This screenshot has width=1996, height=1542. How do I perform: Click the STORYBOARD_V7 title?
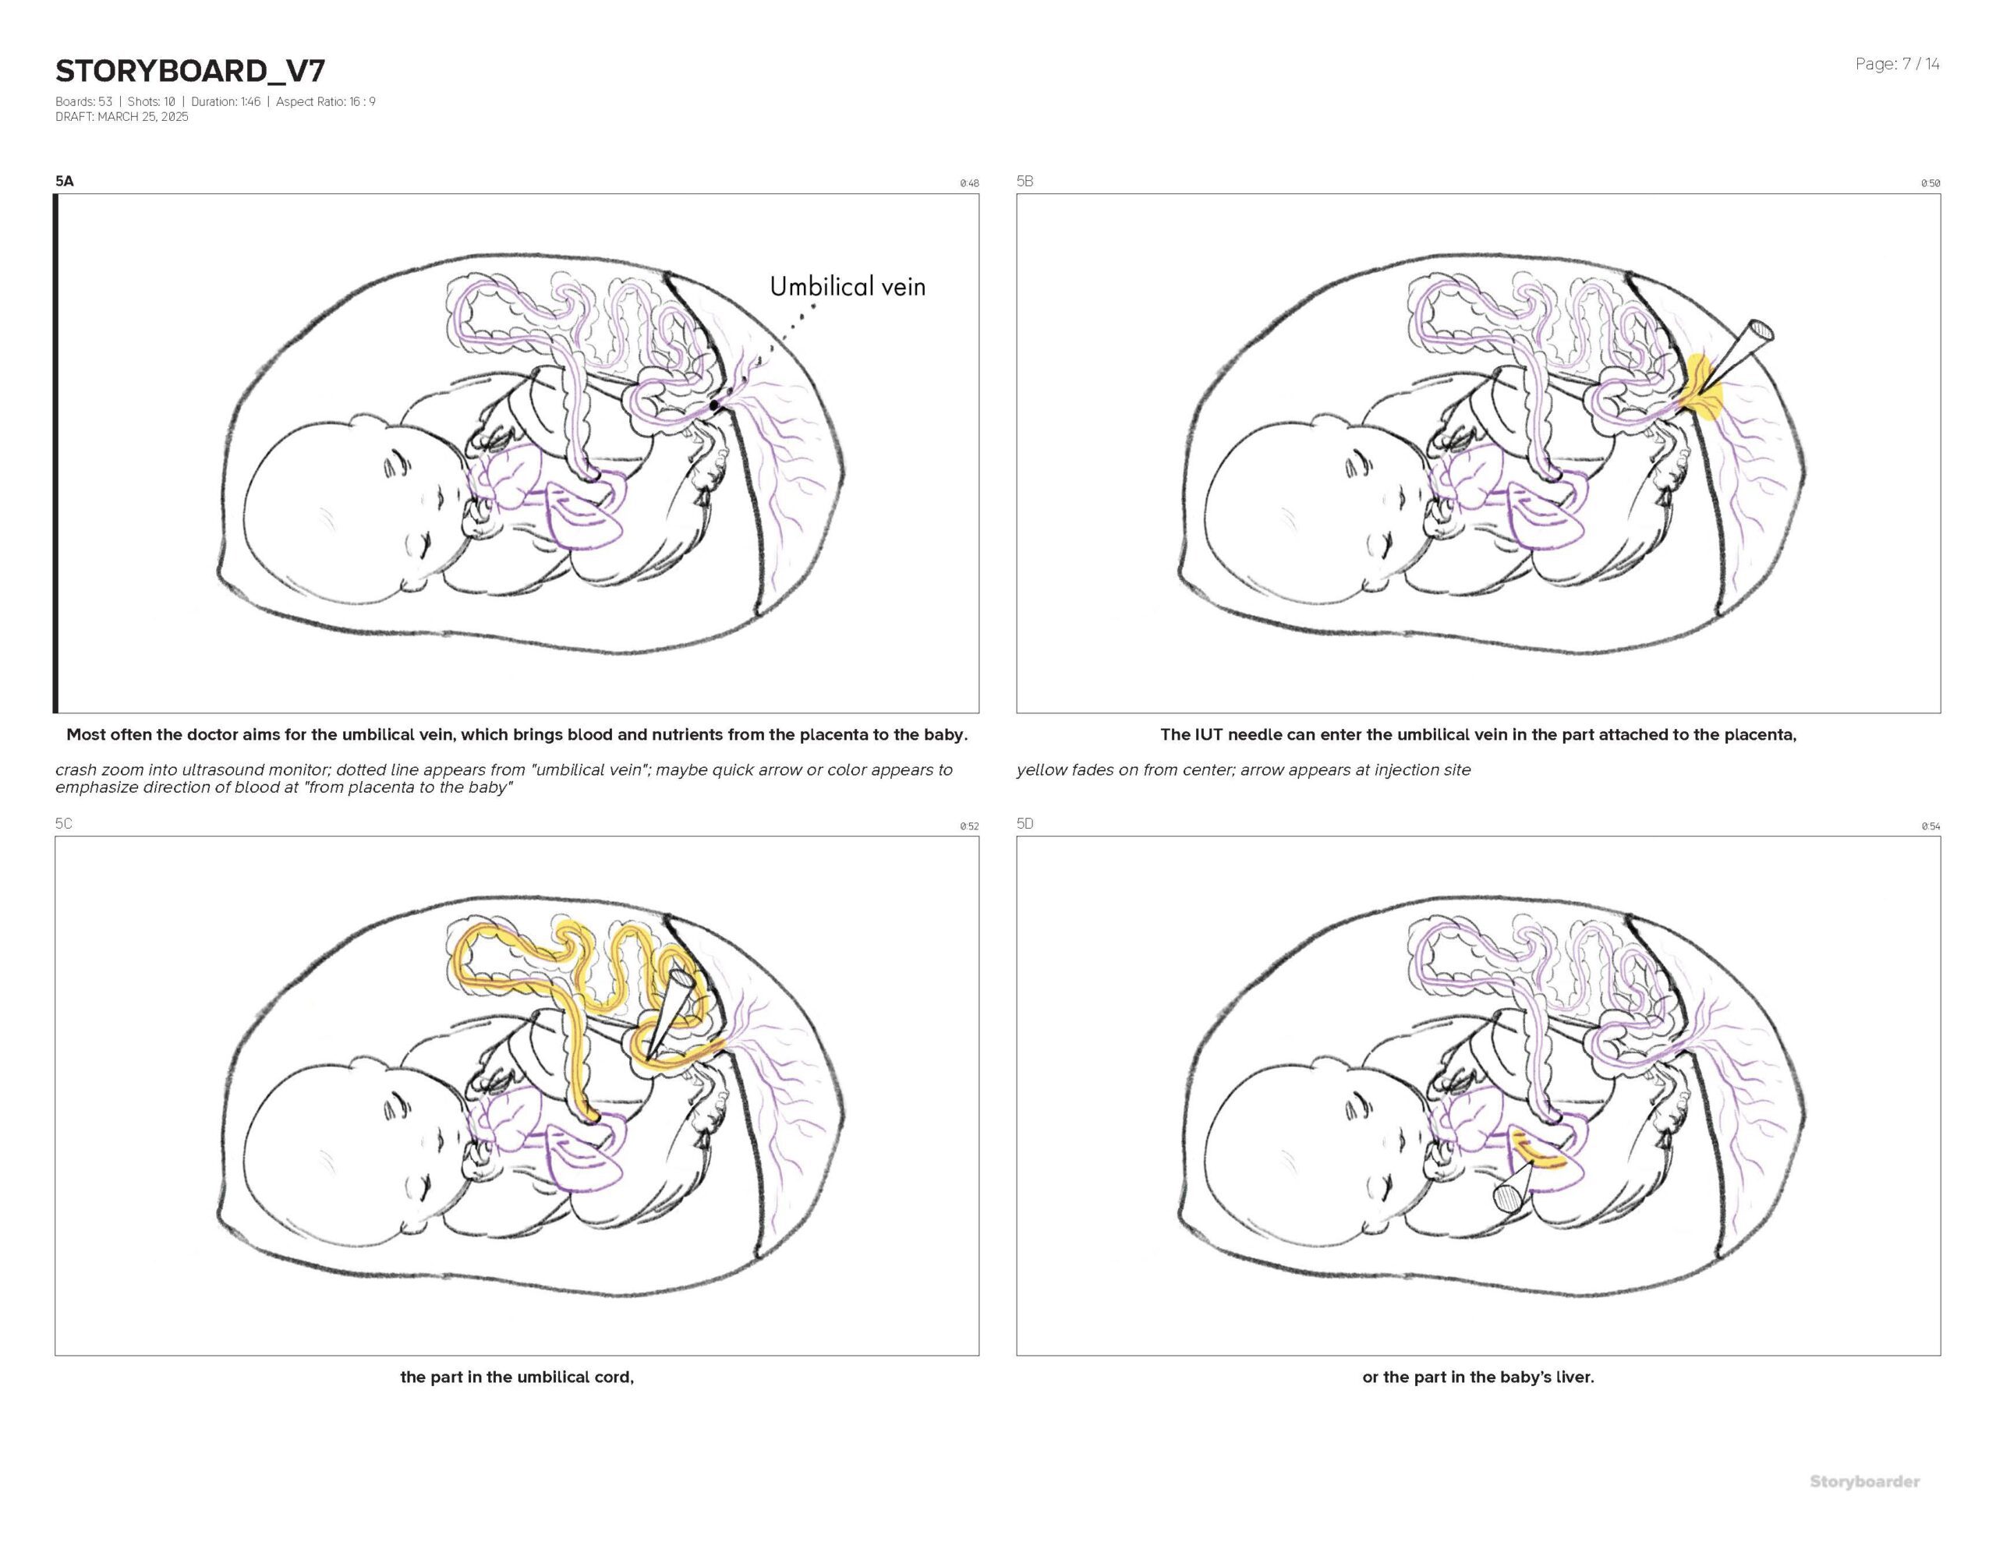click(190, 70)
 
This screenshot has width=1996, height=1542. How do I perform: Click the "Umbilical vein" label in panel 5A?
click(848, 287)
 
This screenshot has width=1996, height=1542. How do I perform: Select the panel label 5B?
click(1025, 181)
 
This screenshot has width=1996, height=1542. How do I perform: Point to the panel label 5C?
click(63, 823)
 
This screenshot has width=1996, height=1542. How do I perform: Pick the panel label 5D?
click(1025, 823)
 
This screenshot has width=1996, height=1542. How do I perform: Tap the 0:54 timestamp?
click(1931, 826)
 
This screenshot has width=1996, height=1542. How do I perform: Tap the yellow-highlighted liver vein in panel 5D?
click(1541, 1154)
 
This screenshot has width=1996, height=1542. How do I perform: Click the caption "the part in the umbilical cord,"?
click(517, 1377)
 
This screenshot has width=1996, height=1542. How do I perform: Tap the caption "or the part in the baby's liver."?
click(1478, 1377)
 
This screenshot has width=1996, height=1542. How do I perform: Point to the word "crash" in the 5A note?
click(76, 769)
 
